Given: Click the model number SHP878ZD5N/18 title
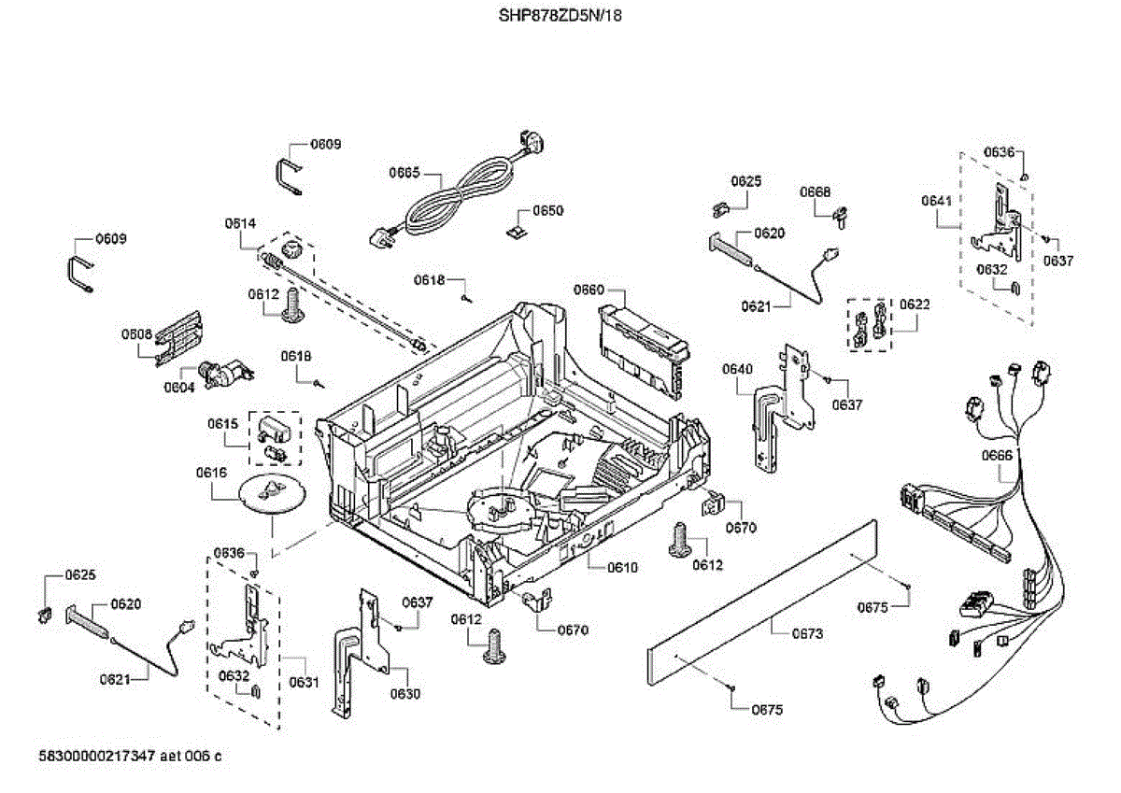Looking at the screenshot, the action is [560, 16].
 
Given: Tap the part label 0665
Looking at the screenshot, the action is [404, 173].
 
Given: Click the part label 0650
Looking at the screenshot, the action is [548, 210].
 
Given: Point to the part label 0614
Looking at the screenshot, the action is [240, 223].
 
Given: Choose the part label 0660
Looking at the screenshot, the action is [589, 290].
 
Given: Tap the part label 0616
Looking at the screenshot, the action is [211, 473].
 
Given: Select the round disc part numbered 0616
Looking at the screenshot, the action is [273, 493].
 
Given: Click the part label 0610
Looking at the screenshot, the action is [622, 567].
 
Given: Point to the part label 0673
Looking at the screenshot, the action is [807, 633].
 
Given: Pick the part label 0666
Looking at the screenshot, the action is [997, 455].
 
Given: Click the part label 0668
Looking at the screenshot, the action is [815, 191].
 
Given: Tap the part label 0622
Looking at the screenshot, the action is [915, 304].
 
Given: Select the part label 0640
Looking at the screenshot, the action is [737, 369].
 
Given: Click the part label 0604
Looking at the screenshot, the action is [179, 388].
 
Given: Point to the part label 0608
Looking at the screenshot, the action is [136, 333].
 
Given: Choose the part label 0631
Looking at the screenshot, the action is [305, 682].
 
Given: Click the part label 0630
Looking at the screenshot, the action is [405, 693].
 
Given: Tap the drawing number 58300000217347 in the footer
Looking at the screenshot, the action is [96, 756].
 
